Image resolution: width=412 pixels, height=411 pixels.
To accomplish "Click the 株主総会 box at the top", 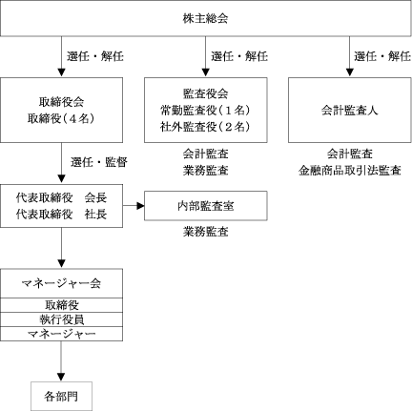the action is coord(206,18).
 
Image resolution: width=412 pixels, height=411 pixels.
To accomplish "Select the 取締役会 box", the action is coord(61,110).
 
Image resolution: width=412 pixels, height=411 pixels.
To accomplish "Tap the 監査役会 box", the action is coord(206,110).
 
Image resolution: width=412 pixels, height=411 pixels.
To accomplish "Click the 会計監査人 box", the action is coord(349,110).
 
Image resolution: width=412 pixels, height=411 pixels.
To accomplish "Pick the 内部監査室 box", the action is coord(206,206).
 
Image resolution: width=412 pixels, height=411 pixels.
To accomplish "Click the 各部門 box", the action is coord(61,396).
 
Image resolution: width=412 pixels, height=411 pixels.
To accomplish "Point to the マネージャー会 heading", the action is coord(61,283).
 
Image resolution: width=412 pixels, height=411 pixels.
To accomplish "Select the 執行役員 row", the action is coord(61,319).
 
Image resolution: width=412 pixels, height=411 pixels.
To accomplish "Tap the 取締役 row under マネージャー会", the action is coord(61,305).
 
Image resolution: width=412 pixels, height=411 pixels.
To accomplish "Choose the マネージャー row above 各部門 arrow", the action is coord(61,334).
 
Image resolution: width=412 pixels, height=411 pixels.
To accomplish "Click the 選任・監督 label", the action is coord(99,162).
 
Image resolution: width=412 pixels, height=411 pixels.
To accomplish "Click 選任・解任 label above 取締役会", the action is coord(95,56).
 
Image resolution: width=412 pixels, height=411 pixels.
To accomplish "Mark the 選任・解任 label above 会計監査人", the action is coord(382,56).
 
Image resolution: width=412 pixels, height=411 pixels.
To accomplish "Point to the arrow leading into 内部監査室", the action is coord(134,206).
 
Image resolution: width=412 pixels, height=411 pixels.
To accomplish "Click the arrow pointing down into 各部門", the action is coord(61,361).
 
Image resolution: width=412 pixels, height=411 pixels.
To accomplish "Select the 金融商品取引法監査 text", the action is coord(349,171).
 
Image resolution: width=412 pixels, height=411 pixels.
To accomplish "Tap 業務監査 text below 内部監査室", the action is coord(206,232).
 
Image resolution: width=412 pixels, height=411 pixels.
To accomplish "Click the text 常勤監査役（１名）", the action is coord(206,111).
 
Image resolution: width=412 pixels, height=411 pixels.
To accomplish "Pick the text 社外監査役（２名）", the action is coord(206,127).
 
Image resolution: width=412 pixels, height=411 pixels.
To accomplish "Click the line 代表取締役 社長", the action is coord(61,215).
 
